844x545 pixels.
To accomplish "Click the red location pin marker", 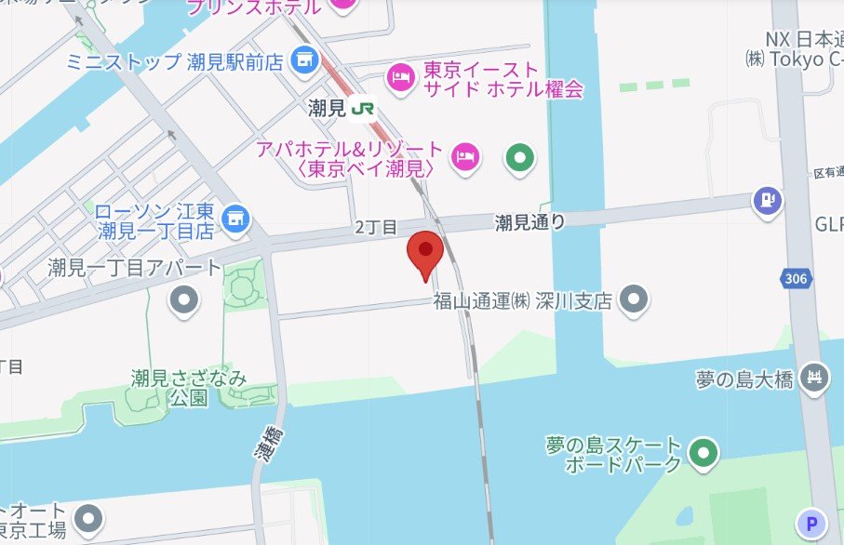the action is [x=425, y=250].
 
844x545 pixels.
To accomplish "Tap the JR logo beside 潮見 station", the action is [x=363, y=109].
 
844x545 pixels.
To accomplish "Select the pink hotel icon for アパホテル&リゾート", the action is [x=465, y=157].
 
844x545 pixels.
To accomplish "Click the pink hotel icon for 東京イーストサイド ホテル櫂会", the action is [x=400, y=78].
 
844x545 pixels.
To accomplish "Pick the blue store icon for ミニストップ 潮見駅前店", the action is [x=302, y=61].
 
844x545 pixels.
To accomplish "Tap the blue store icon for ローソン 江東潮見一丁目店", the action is [x=237, y=218].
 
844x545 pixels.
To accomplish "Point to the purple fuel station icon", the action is [x=768, y=199].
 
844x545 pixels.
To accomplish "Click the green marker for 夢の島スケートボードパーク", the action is [x=705, y=454].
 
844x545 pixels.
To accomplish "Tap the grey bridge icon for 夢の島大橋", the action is [x=815, y=379].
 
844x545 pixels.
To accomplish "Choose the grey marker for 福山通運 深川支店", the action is [x=634, y=299].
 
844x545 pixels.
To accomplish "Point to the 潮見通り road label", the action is [x=529, y=222].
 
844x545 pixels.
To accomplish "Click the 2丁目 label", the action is [x=376, y=227].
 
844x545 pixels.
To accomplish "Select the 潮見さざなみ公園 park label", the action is [x=189, y=388].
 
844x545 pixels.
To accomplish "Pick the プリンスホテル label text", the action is [x=254, y=7].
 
